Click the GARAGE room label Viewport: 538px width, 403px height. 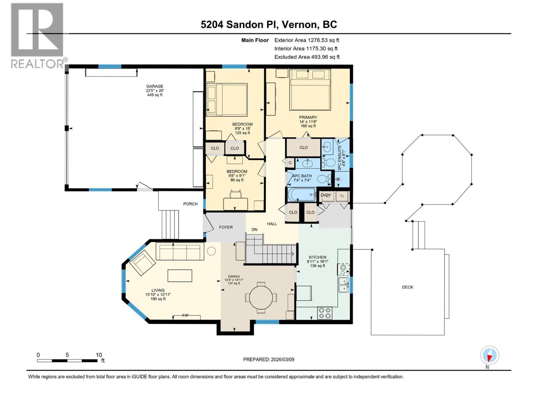pyautogui.click(x=154, y=86)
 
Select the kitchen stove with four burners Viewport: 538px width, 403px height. pyautogui.click(x=324, y=313)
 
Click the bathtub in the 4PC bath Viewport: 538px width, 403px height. pyautogui.click(x=301, y=194)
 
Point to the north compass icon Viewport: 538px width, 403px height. pyautogui.click(x=490, y=355)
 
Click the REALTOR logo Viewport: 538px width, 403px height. pyautogui.click(x=37, y=35)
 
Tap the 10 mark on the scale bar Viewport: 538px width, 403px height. pyautogui.click(x=99, y=355)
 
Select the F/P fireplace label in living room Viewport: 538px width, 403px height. pyautogui.click(x=185, y=316)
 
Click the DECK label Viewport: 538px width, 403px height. pyautogui.click(x=408, y=287)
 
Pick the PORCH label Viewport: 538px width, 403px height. pyautogui.click(x=190, y=204)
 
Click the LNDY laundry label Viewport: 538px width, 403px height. pyautogui.click(x=325, y=195)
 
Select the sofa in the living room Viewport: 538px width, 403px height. pyautogui.click(x=180, y=252)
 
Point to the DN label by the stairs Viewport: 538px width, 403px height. pyautogui.click(x=255, y=230)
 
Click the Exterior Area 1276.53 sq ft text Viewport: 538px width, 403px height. pyautogui.click(x=307, y=40)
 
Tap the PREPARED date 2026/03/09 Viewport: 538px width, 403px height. pyautogui.click(x=269, y=359)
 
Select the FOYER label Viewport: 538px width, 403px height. pyautogui.click(x=226, y=227)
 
